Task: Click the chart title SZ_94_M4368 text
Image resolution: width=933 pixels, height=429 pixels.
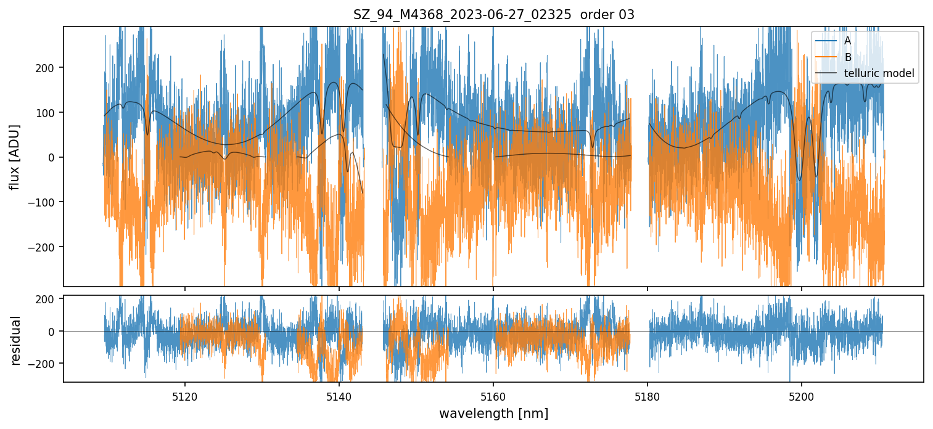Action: (x=493, y=15)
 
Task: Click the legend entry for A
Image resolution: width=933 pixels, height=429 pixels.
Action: (x=847, y=41)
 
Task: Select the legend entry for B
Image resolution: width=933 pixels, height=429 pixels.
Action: (x=847, y=57)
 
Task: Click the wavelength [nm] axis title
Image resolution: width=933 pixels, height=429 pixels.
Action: (x=493, y=413)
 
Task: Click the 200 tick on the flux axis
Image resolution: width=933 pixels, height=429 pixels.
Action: (x=49, y=67)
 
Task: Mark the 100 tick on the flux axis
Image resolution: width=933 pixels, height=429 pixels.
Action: (x=49, y=112)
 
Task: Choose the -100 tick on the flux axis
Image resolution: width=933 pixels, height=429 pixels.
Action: (x=47, y=202)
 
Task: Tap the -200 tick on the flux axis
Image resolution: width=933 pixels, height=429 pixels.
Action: (x=47, y=247)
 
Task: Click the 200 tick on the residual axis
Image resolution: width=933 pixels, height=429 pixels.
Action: (x=49, y=300)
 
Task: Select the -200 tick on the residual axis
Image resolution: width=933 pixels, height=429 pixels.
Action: (x=47, y=364)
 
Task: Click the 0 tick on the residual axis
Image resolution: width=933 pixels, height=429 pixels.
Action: (x=54, y=332)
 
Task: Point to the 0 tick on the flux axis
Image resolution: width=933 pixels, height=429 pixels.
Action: (x=54, y=157)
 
